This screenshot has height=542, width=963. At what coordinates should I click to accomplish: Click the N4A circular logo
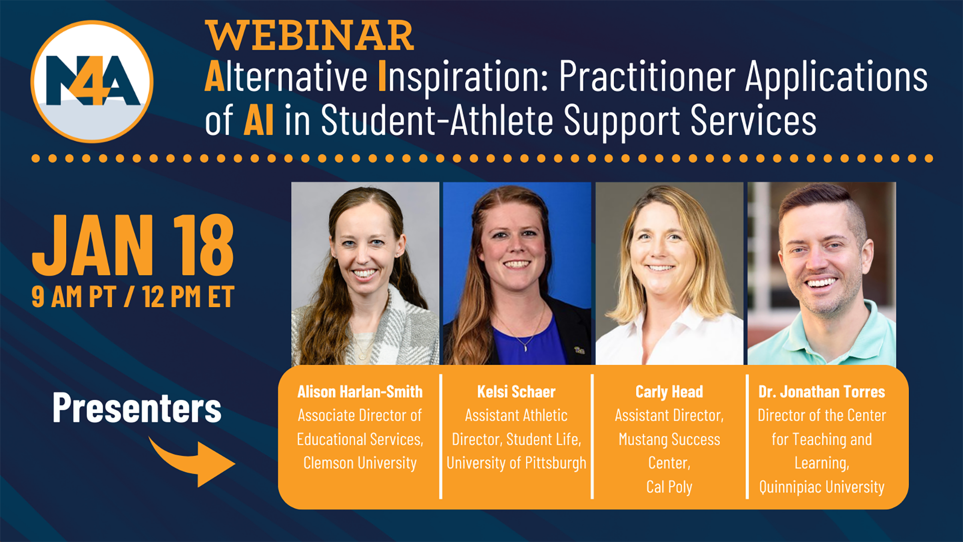[x=92, y=81]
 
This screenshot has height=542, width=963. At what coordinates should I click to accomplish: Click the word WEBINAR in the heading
[x=309, y=36]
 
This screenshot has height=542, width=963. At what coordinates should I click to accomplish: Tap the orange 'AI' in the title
[x=259, y=120]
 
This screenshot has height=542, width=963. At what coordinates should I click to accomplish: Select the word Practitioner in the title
[x=647, y=77]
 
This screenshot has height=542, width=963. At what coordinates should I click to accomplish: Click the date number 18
[x=203, y=246]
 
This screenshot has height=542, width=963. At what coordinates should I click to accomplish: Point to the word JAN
[x=93, y=246]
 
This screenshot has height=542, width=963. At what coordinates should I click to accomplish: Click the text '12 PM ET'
[x=188, y=297]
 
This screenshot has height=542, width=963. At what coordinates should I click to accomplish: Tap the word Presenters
[x=136, y=408]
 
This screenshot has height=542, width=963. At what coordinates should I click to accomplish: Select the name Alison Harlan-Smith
[x=360, y=392]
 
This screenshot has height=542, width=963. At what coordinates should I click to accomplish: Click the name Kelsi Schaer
[x=516, y=392]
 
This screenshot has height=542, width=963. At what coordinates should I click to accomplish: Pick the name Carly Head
[x=669, y=392]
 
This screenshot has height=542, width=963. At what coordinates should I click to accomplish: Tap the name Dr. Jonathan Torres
[x=822, y=392]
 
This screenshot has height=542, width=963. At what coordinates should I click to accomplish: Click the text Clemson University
[x=360, y=463]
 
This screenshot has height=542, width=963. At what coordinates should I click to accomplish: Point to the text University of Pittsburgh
[x=516, y=463]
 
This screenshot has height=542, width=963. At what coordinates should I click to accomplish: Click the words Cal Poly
[x=669, y=487]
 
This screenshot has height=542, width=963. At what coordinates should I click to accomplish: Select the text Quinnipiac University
[x=822, y=487]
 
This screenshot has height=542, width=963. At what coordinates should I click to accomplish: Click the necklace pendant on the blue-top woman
[x=525, y=347]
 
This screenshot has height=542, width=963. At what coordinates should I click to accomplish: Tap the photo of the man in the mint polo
[x=822, y=274]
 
